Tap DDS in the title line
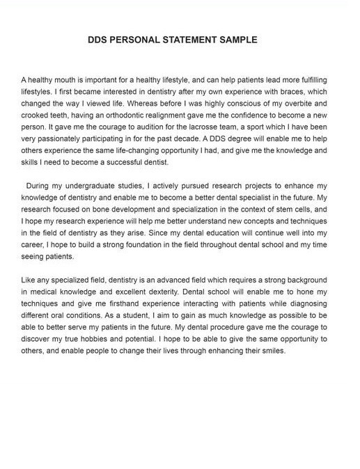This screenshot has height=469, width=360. (97, 40)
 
